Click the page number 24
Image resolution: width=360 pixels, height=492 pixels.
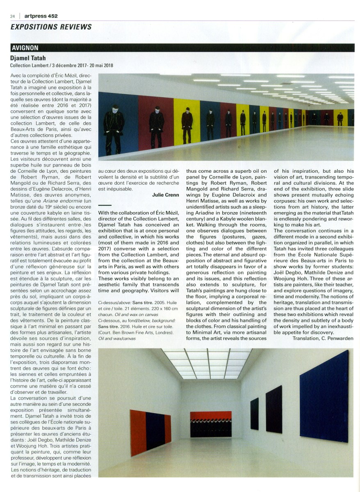click(12, 16)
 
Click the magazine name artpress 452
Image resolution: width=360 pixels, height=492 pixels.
click(41, 16)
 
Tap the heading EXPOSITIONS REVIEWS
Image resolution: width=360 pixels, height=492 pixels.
click(51, 27)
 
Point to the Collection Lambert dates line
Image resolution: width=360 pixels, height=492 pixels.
click(62, 65)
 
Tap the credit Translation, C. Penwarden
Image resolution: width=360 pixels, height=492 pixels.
click(323, 338)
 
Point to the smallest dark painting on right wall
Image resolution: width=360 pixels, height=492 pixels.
click(255, 413)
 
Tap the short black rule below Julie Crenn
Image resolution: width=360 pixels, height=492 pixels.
click(105, 205)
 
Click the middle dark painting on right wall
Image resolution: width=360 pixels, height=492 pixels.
click(274, 409)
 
